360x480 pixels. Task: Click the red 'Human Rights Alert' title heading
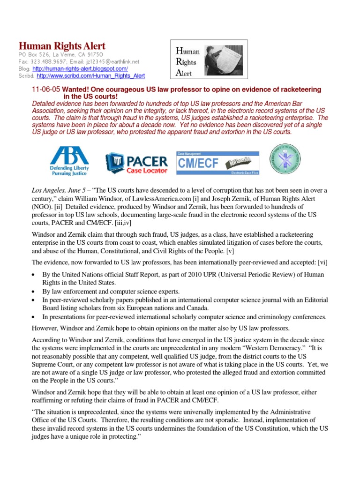[x=61, y=46]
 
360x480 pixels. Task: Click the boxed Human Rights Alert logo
[x=208, y=59]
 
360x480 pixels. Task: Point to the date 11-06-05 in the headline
[x=45, y=89]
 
